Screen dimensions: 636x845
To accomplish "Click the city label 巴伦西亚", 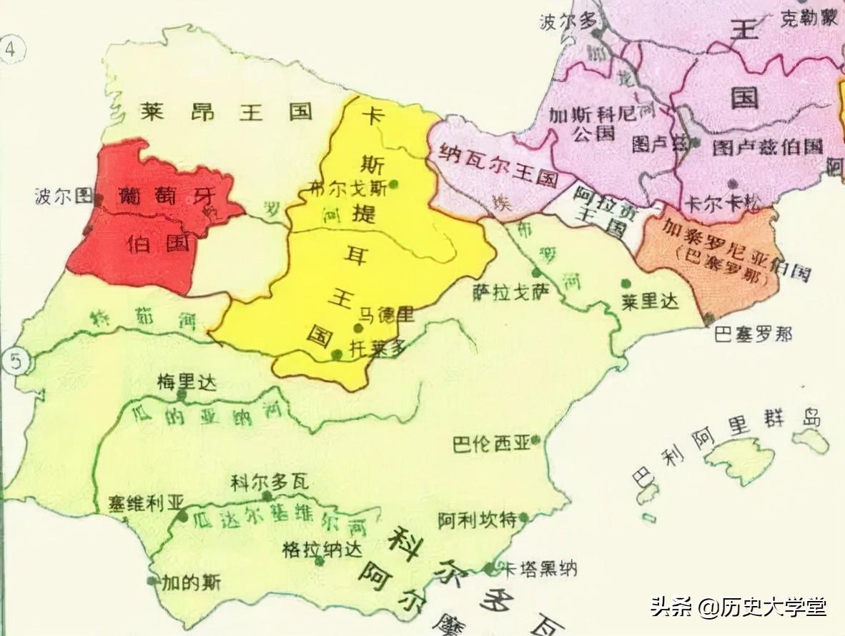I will pos(491,444).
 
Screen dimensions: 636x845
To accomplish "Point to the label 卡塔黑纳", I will pos(538,569).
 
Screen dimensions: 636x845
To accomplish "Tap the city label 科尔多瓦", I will pos(269,483).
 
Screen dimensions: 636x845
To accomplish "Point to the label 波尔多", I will pos(568,21).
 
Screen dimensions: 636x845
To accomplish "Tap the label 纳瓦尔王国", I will pos(493,168).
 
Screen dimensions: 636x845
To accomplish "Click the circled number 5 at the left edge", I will pos(15,362).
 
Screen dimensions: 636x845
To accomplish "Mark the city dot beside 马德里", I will pos(358,328).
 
